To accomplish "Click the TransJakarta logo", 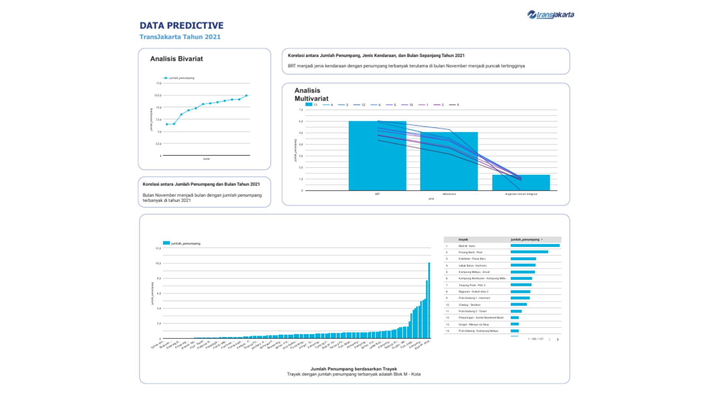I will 551,15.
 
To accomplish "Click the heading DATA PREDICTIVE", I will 181,25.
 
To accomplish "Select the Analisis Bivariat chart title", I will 177,59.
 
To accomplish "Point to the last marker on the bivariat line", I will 246,96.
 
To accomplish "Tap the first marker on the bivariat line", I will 167,125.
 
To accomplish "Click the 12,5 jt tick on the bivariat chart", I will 158,95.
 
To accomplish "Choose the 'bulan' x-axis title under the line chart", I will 206,159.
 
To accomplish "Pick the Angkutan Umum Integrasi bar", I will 521,183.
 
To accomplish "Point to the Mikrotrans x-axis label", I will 449,194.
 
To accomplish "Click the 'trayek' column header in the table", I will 463,239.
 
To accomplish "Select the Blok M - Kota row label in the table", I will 467,246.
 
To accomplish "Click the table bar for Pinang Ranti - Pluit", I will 529,252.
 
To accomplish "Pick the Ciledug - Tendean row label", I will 469,305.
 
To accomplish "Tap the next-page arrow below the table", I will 558,339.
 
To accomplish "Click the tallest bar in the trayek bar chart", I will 429,300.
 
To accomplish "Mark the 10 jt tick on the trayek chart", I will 158,263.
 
